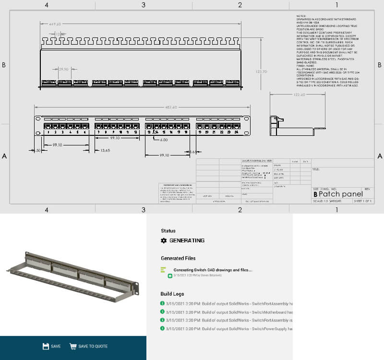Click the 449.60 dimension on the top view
pyautogui.click(x=54, y=24)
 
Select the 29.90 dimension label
pyautogui.click(x=64, y=69)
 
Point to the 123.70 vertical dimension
pyautogui.click(x=262, y=72)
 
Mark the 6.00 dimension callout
pyautogui.click(x=164, y=140)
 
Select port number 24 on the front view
pyautogui.click(x=236, y=132)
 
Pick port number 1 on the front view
pyautogui.click(x=48, y=132)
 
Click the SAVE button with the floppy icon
pyautogui.click(x=51, y=346)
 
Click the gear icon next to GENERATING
pyautogui.click(x=164, y=240)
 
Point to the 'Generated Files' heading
pyautogui.click(x=178, y=258)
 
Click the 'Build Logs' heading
pyautogui.click(x=172, y=293)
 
